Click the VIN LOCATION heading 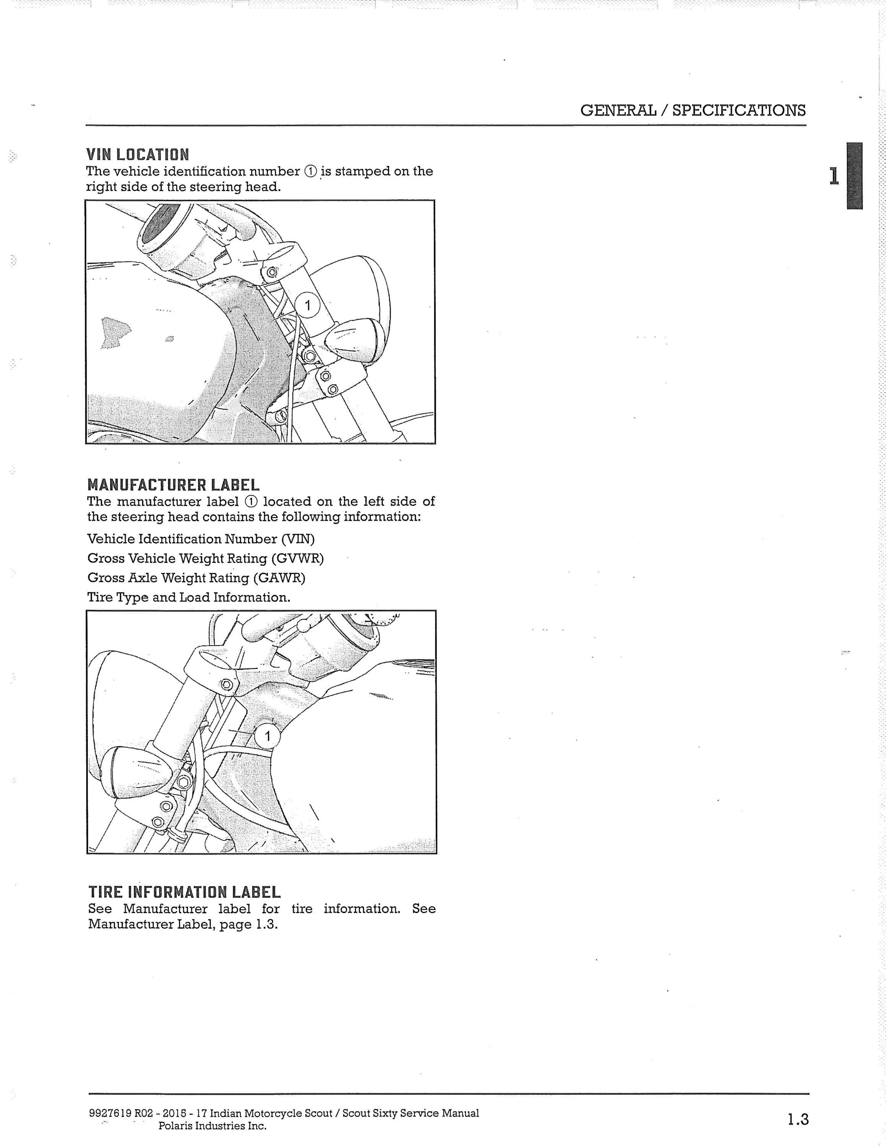pos(138,155)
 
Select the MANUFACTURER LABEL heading pos(173,485)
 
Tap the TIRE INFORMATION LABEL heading pos(184,892)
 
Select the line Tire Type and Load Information pos(189,598)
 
